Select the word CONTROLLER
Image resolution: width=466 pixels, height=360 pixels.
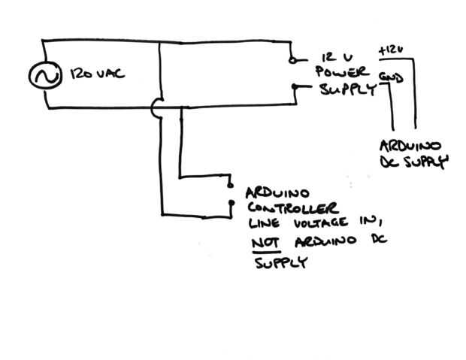[x=285, y=207]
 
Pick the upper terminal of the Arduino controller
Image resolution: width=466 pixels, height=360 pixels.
[x=231, y=183]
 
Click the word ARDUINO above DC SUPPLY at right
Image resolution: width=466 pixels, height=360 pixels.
[x=411, y=146]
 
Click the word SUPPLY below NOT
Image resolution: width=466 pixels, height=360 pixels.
[x=281, y=262]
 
